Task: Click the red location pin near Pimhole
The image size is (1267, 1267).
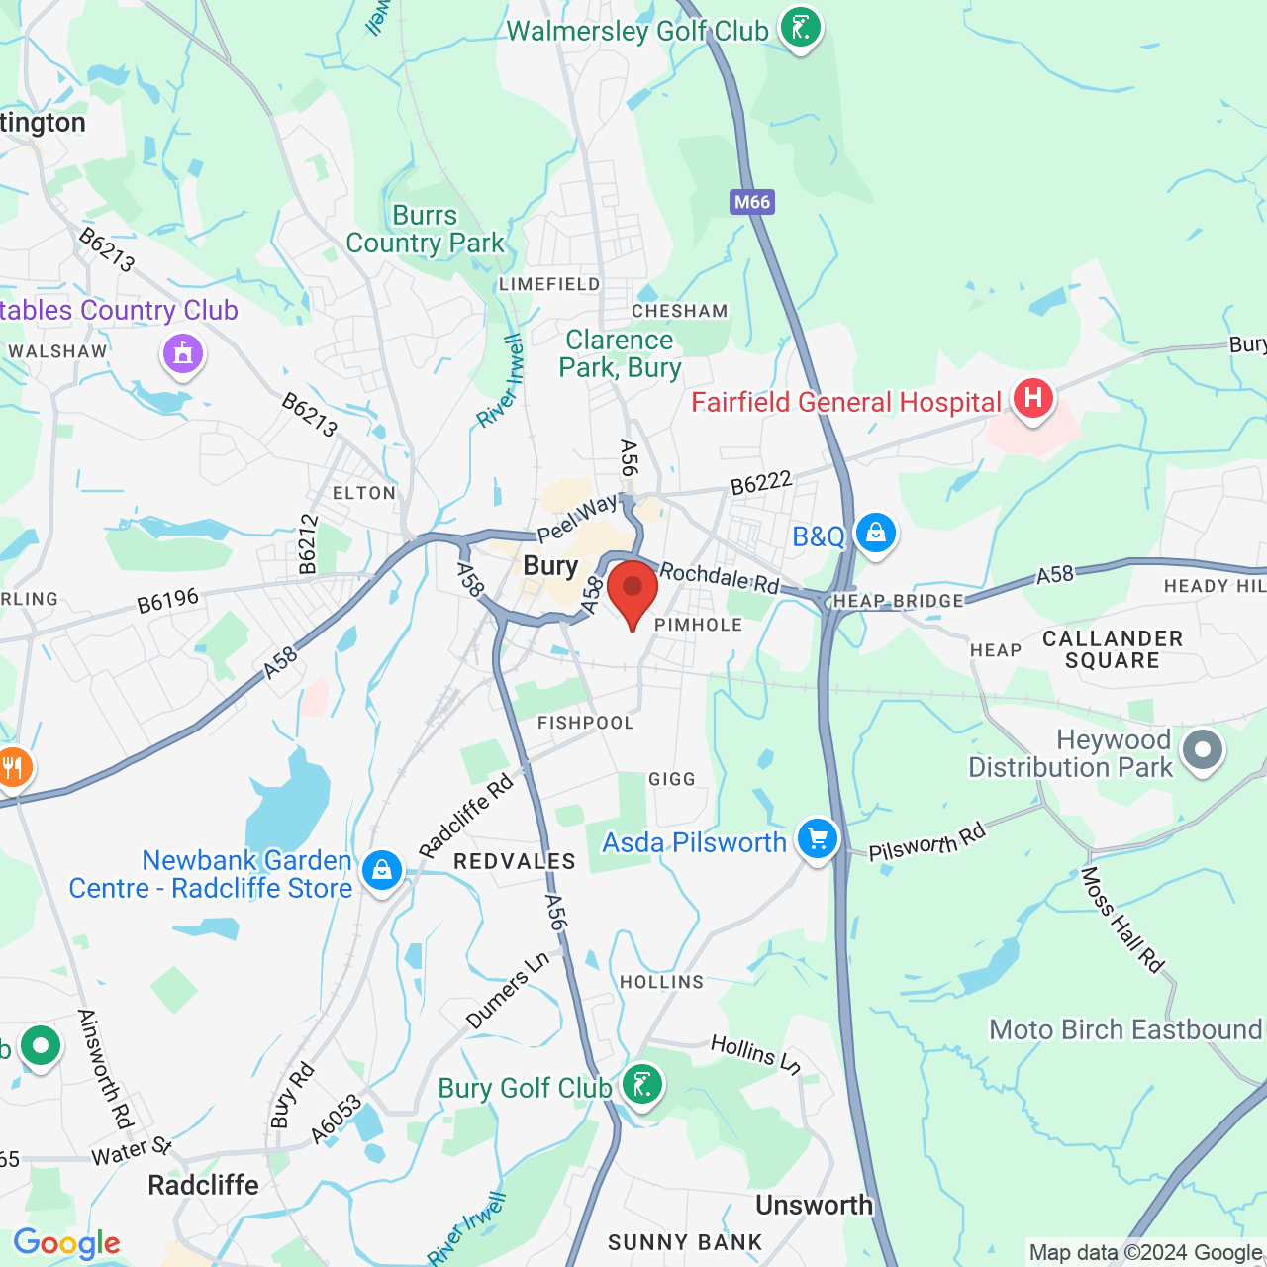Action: point(633,591)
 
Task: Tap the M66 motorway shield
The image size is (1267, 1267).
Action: point(752,202)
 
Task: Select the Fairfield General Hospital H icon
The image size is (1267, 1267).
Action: point(1032,398)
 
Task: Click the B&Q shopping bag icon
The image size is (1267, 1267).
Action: point(875,534)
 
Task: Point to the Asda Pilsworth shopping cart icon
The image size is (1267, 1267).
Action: point(817,839)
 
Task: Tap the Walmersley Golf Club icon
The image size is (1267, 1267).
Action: point(800,28)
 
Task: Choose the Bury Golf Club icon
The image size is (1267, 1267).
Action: point(641,1085)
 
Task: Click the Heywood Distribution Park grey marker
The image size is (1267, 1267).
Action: point(1202,750)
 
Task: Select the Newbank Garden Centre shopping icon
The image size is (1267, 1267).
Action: point(381,870)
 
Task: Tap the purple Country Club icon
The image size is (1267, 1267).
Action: point(182,352)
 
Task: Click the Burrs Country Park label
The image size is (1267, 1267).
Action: point(426,230)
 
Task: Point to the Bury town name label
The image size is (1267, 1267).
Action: point(550,566)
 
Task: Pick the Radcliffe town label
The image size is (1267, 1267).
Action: point(203,1185)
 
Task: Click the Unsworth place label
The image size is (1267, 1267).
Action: point(814,1205)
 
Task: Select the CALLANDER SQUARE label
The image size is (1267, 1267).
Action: point(1113,649)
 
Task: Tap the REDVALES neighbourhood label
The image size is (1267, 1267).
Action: point(515,861)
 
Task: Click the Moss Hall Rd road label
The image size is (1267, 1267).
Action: point(1121,920)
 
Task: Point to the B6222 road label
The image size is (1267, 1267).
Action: point(761,483)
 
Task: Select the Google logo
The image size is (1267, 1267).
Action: point(66,1243)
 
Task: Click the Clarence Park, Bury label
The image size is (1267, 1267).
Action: point(620,353)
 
